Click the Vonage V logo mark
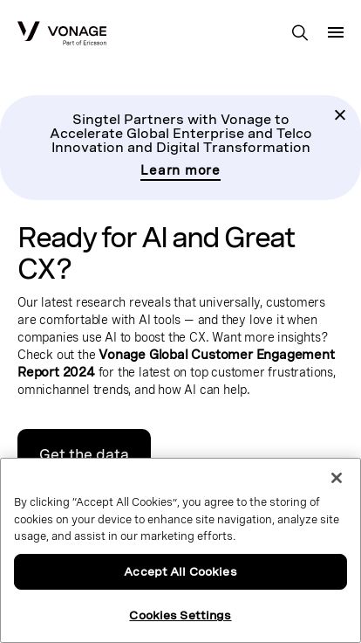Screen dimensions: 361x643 (28, 31)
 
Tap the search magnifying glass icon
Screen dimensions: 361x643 (300, 32)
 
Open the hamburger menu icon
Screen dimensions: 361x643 (336, 32)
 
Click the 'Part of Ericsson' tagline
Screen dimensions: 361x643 (85, 43)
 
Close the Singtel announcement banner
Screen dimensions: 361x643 (340, 114)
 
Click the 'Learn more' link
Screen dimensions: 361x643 (180, 170)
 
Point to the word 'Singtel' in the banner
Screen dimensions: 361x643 (96, 120)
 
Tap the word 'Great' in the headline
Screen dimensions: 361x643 (260, 238)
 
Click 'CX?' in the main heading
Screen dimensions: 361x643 (44, 269)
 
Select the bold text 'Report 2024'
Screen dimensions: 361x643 (56, 372)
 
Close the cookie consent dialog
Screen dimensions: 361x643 (337, 478)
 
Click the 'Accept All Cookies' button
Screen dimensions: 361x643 (180, 571)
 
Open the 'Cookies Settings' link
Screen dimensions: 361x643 (180, 615)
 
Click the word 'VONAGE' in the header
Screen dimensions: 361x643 (78, 31)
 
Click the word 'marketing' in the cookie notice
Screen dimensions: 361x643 (165, 536)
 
